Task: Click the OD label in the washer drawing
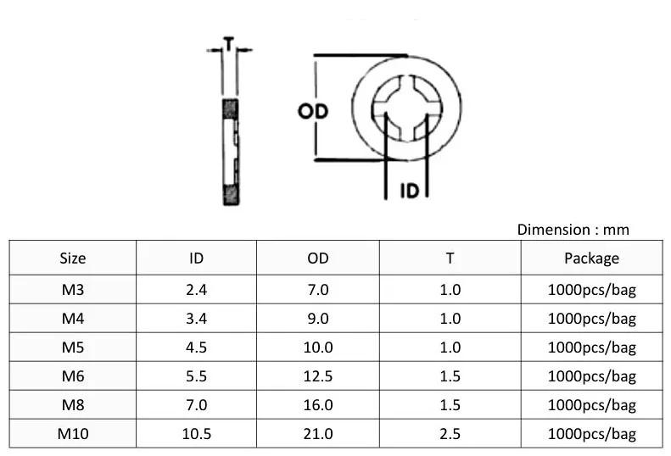[x=313, y=112]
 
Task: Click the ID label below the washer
[x=409, y=191]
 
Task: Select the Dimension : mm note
[x=573, y=230]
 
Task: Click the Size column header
[x=73, y=259]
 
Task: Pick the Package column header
[x=591, y=259]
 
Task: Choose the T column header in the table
[x=450, y=259]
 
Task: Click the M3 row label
[x=73, y=290]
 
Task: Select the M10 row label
[x=73, y=434]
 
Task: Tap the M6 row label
[x=73, y=376]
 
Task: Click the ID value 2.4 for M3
[x=196, y=290]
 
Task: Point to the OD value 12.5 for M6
[x=317, y=376]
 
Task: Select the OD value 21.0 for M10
[x=317, y=434]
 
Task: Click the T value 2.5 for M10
[x=450, y=434]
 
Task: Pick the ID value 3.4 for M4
[x=196, y=319]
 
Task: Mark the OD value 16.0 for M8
[x=317, y=405]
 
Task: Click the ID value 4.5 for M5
[x=196, y=348]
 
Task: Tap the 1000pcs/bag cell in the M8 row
[x=591, y=405]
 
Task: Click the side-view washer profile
[x=229, y=151]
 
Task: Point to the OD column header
[x=317, y=259]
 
